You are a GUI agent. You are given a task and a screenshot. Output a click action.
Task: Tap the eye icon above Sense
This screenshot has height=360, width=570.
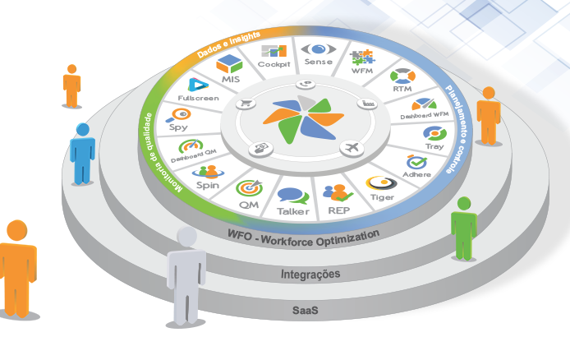(x=317, y=48)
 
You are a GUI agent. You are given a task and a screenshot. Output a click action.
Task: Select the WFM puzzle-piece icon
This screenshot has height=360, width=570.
(x=362, y=58)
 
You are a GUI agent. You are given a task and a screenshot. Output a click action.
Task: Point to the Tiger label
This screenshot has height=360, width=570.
(x=383, y=197)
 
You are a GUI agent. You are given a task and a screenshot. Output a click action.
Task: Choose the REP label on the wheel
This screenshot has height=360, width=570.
(x=339, y=210)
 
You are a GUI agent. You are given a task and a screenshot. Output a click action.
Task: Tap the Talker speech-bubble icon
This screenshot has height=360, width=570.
(x=293, y=196)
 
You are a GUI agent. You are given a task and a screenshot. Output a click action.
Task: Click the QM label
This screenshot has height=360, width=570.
(x=249, y=204)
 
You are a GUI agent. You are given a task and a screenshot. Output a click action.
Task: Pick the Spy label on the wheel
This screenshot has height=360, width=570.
(x=178, y=127)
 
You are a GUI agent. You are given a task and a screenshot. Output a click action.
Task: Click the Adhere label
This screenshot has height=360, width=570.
(x=417, y=175)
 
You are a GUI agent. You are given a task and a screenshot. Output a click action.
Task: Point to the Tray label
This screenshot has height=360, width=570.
(x=434, y=146)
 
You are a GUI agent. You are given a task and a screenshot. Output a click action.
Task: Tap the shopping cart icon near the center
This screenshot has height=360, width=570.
(x=245, y=104)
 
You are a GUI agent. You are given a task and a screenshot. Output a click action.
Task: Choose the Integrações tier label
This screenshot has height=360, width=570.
(x=310, y=274)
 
